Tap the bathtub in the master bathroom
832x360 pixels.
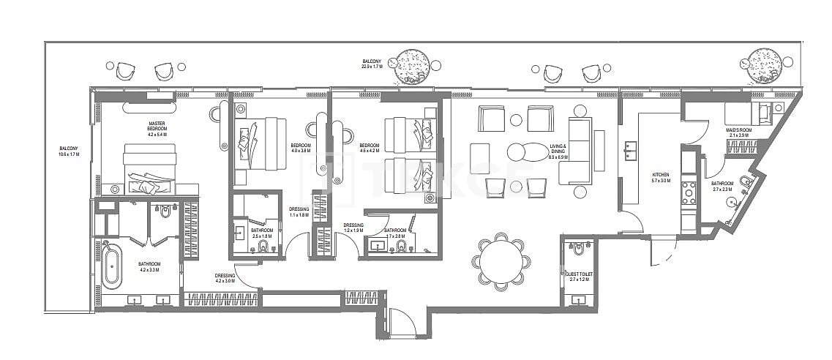tap(110, 263)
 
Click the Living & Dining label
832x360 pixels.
tap(558, 151)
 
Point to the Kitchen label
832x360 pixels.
tap(660, 178)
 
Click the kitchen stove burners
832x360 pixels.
tap(689, 192)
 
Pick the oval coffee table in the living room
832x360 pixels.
tap(525, 151)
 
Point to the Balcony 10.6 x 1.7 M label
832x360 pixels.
tap(70, 151)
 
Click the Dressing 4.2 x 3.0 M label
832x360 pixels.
tap(225, 278)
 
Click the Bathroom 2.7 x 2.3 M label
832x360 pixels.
tap(723, 187)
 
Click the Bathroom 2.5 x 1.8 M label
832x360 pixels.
tap(261, 234)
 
